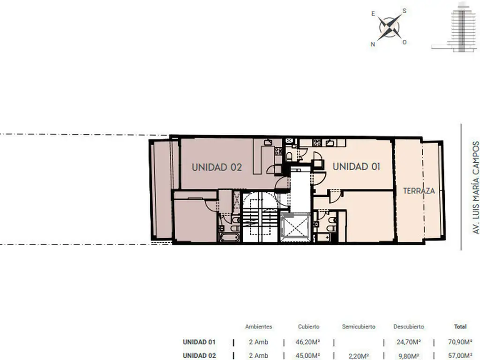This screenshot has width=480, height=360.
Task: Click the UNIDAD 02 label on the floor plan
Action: point(217,167)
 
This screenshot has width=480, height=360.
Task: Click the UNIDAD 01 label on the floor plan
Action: point(356,166)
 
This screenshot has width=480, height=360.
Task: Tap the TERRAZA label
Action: point(419,191)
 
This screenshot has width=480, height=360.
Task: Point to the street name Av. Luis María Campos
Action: point(475,187)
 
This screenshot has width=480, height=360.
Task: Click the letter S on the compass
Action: point(404,11)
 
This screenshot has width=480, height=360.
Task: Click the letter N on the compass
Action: point(373,44)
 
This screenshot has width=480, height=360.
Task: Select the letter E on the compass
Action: point(373,14)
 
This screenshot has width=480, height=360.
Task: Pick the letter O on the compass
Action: point(405,42)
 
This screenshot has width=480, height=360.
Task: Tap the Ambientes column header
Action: point(258,327)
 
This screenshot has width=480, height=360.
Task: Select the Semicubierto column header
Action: point(359,327)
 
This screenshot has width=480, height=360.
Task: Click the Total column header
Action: point(460,327)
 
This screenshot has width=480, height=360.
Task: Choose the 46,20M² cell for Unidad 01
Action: point(308,342)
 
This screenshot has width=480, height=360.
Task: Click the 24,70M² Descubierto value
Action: point(409,342)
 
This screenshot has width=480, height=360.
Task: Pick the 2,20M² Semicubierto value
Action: point(359,356)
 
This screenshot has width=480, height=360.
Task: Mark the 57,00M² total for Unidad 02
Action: point(460,356)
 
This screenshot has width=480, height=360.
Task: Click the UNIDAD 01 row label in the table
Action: point(199,342)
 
